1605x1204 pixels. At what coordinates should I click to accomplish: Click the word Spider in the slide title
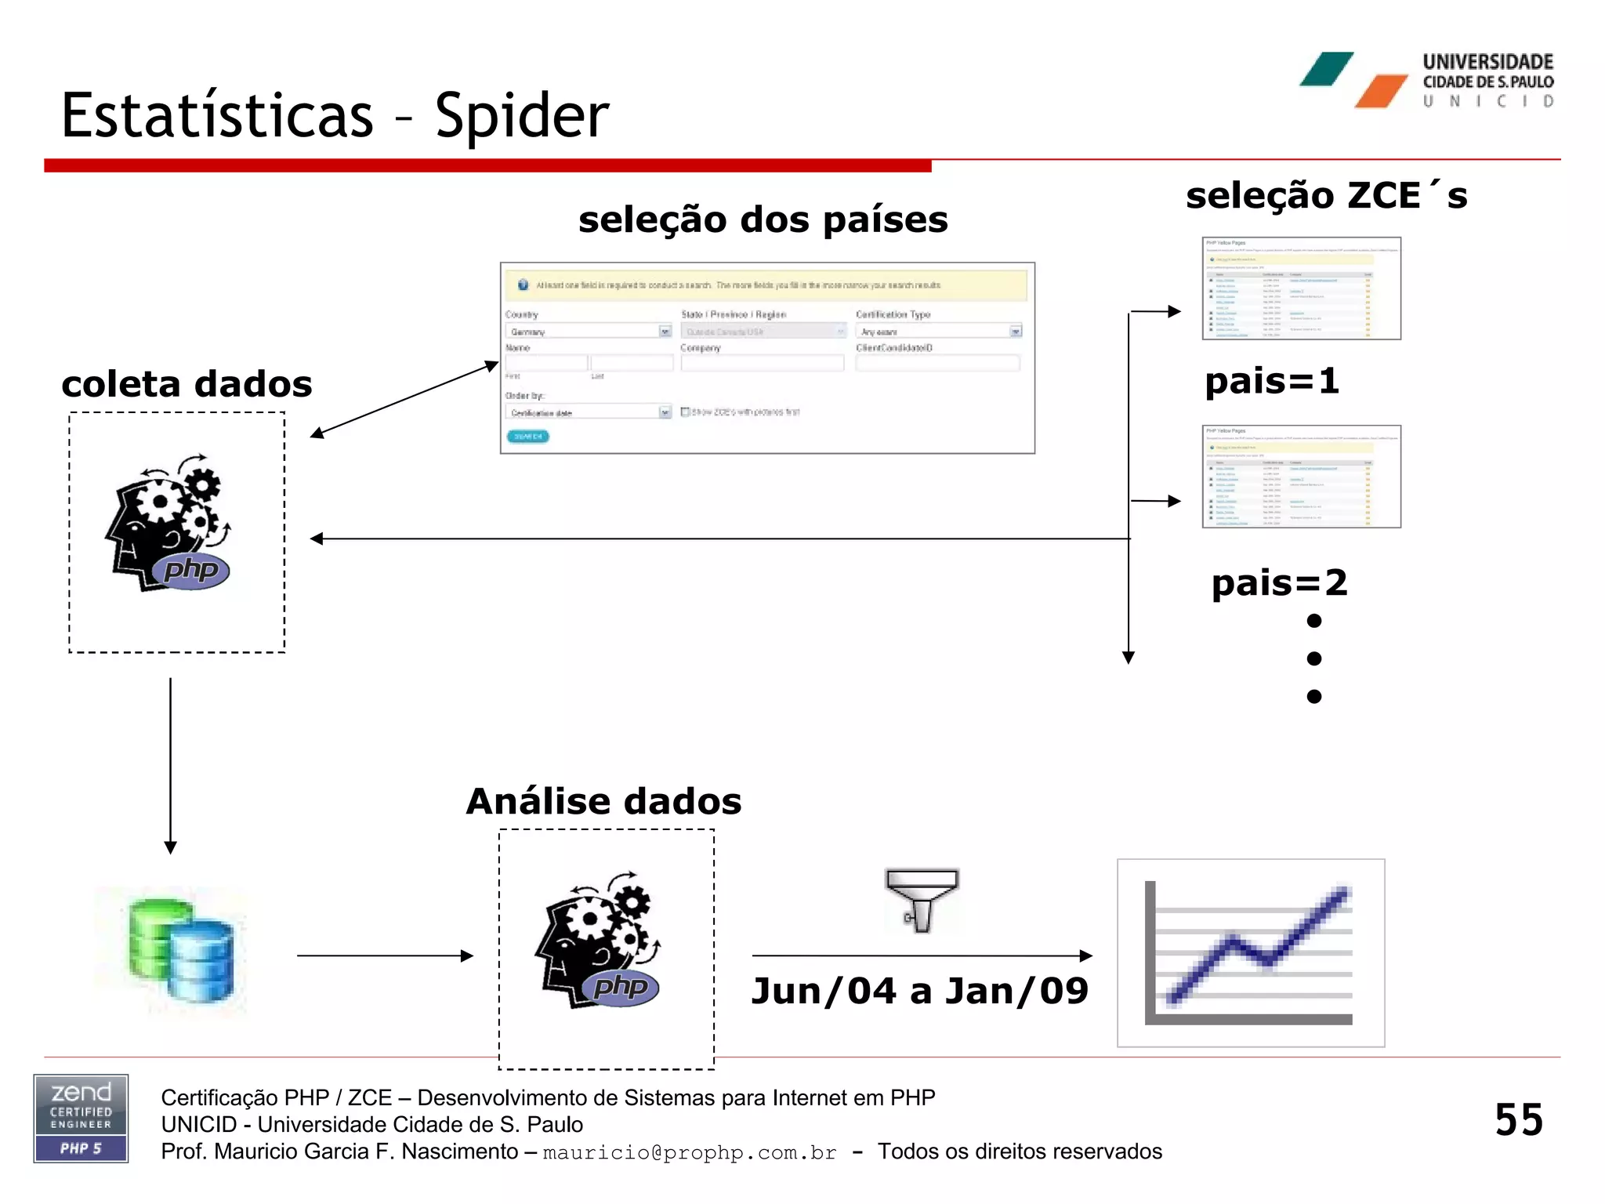point(522,116)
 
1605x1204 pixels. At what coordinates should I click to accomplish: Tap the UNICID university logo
point(1426,80)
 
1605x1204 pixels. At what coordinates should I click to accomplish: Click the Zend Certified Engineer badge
point(81,1118)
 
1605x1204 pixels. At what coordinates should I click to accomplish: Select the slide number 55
point(1518,1119)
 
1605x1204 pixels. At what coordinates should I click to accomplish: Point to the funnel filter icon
point(922,900)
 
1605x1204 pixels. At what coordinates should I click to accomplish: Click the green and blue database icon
point(181,951)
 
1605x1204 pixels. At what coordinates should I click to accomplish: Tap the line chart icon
point(1251,952)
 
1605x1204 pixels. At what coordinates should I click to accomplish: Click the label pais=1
point(1271,382)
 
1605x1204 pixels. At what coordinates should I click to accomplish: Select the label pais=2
point(1279,583)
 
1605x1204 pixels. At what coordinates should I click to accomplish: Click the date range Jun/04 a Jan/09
point(919,991)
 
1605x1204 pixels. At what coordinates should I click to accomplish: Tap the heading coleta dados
point(187,384)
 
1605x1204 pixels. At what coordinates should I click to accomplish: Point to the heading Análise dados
point(603,801)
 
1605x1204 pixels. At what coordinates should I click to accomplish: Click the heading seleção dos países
point(763,219)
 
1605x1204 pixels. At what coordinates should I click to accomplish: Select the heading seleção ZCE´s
point(1326,195)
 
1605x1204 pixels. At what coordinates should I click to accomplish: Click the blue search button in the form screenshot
point(527,437)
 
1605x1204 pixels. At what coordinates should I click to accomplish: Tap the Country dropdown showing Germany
point(588,332)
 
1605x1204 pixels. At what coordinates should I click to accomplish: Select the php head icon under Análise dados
point(599,941)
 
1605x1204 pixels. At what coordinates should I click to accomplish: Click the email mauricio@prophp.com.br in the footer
point(690,1152)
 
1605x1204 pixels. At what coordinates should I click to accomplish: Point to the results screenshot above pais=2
point(1301,477)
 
